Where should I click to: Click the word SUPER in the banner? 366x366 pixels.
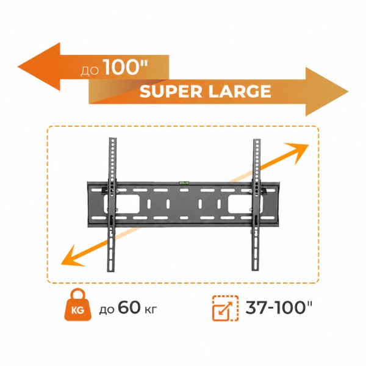(171, 91)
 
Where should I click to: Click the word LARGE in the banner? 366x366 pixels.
(240, 91)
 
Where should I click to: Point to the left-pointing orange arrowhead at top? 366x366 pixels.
(39, 66)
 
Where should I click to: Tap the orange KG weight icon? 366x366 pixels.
(77, 304)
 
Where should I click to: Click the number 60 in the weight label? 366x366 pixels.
(129, 307)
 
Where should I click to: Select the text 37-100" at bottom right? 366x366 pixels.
(279, 307)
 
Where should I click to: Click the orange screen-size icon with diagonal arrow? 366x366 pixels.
(225, 308)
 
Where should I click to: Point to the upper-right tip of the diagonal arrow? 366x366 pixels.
(309, 145)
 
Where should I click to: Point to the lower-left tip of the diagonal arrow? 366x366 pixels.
(61, 264)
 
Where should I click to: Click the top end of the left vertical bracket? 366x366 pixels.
(113, 138)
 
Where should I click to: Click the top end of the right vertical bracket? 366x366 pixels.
(257, 140)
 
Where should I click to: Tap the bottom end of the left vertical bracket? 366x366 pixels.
(111, 271)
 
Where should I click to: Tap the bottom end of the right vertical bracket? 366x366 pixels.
(256, 270)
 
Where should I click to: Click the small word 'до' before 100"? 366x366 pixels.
(90, 71)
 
